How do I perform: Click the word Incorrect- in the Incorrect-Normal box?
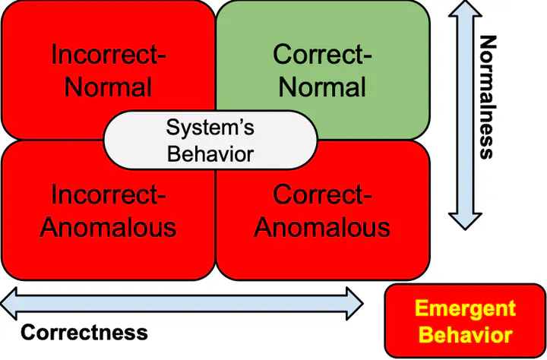108,55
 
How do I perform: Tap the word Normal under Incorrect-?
108,87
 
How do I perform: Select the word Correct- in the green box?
322,55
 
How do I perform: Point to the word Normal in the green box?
322,87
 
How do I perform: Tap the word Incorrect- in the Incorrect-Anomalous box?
108,195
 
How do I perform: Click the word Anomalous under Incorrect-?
108,226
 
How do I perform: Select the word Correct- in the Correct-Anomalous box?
322,195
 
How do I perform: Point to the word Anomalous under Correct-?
322,226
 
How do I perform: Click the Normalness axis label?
487,97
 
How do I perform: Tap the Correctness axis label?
84,332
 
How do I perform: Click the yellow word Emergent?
465,309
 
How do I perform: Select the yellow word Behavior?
465,335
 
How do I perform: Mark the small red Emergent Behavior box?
465,321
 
